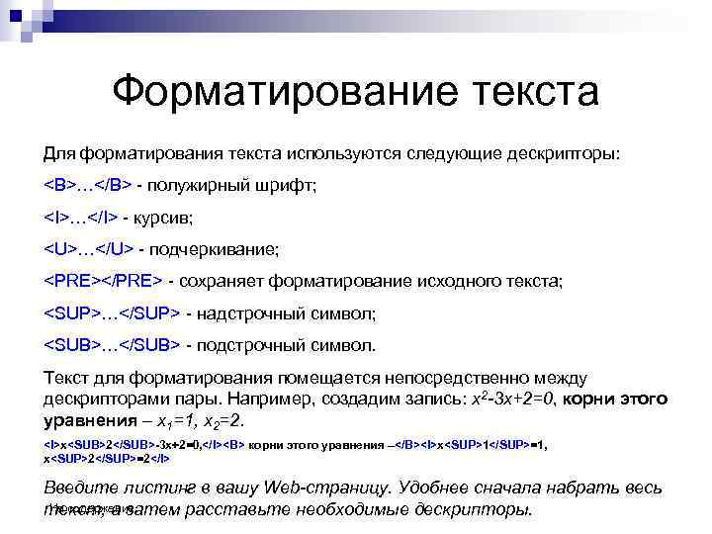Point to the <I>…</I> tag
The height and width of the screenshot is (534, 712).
pyautogui.click(x=81, y=218)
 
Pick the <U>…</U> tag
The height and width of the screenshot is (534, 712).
pyautogui.click(x=89, y=249)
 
